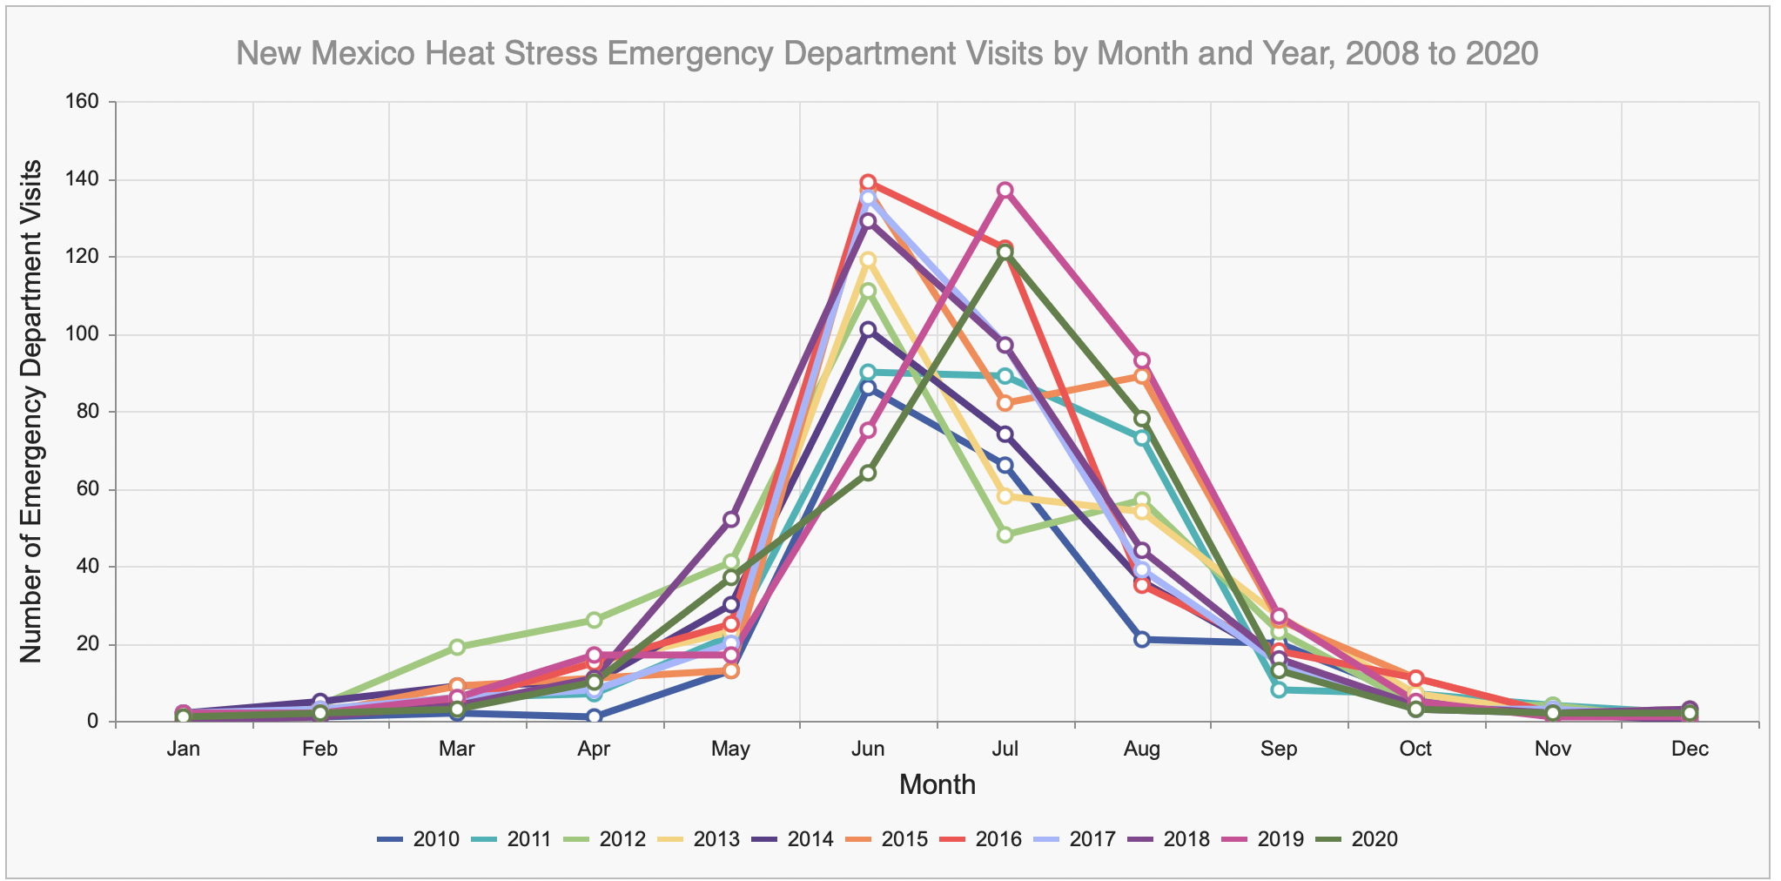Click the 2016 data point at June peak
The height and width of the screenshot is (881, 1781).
[868, 183]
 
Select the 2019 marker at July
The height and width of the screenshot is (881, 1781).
[1005, 191]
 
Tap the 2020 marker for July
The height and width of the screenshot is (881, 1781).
[1005, 252]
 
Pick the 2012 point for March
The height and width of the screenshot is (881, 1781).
[457, 647]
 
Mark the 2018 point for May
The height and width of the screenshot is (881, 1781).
[731, 520]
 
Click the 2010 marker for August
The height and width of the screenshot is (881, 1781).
[1142, 640]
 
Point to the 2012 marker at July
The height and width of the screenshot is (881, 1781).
[1005, 535]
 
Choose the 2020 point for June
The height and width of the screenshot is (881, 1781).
[868, 473]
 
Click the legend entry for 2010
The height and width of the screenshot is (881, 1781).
[419, 840]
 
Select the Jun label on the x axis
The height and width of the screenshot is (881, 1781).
[868, 750]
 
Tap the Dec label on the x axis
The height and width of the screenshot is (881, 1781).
[1690, 750]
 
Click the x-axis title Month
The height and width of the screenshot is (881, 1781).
[937, 785]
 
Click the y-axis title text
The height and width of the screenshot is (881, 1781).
[31, 411]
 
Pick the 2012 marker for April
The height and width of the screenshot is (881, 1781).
[594, 620]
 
